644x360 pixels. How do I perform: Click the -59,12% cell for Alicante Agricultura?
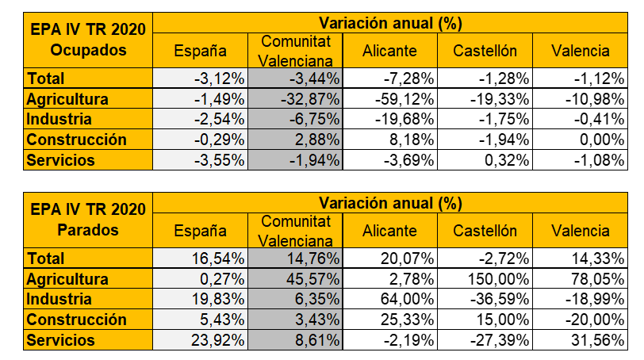(402, 98)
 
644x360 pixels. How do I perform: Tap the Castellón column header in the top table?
(485, 51)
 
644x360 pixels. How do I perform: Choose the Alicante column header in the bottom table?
(389, 231)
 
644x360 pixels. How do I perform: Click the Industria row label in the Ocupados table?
(59, 119)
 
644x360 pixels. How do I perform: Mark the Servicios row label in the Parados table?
(60, 340)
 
